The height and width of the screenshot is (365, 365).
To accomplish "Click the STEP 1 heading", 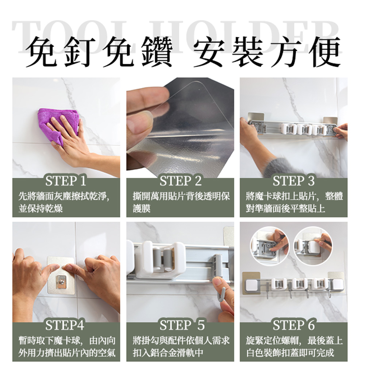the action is tap(66, 181).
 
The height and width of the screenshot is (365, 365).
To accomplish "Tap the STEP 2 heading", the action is tap(180, 181).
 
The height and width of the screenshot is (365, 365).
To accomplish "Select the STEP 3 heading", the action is tap(293, 181).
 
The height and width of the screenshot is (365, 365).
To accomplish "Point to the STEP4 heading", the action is tap(65, 325).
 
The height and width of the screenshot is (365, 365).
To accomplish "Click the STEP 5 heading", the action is tap(182, 325).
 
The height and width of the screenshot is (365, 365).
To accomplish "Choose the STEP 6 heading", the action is tap(293, 325).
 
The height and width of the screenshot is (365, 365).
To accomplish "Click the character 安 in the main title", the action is tap(209, 52).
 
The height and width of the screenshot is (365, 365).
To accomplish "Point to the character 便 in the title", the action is tap(325, 52).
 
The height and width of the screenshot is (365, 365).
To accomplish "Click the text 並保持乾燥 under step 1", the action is tap(41, 208).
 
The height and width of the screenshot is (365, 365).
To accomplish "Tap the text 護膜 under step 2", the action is tap(142, 208).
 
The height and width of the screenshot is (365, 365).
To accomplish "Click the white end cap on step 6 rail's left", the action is tap(251, 286).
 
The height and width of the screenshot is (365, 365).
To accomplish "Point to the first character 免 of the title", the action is tap(41, 52).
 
